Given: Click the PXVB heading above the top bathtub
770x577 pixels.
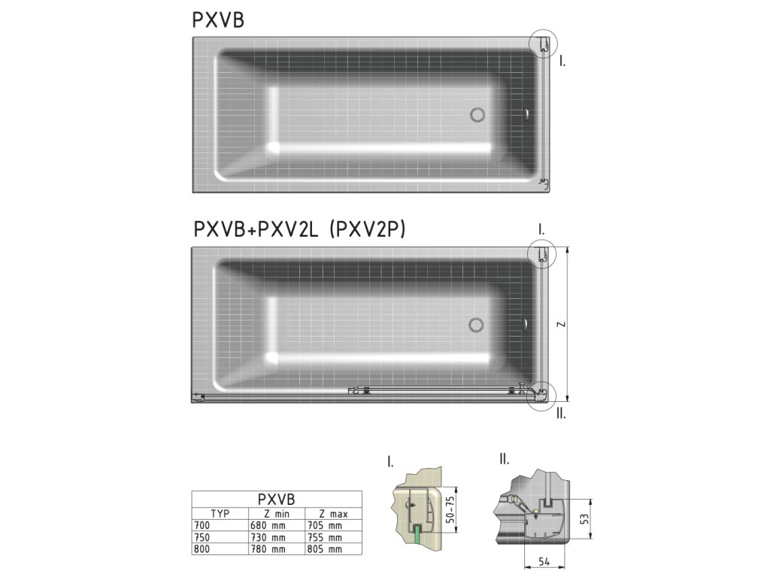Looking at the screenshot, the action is tap(218, 20).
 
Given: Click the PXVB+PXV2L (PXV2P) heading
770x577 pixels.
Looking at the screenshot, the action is tap(299, 229).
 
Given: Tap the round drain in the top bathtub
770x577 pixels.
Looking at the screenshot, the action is tap(477, 115).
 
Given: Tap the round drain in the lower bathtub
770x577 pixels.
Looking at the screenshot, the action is tap(476, 325).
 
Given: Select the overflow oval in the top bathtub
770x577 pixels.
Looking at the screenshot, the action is tap(526, 115).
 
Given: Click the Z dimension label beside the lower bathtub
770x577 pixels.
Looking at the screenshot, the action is tap(561, 325).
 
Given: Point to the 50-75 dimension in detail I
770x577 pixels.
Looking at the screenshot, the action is tap(450, 509).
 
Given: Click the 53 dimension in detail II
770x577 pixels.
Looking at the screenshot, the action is tap(584, 518).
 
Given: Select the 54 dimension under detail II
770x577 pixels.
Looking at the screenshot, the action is tap(544, 562).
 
